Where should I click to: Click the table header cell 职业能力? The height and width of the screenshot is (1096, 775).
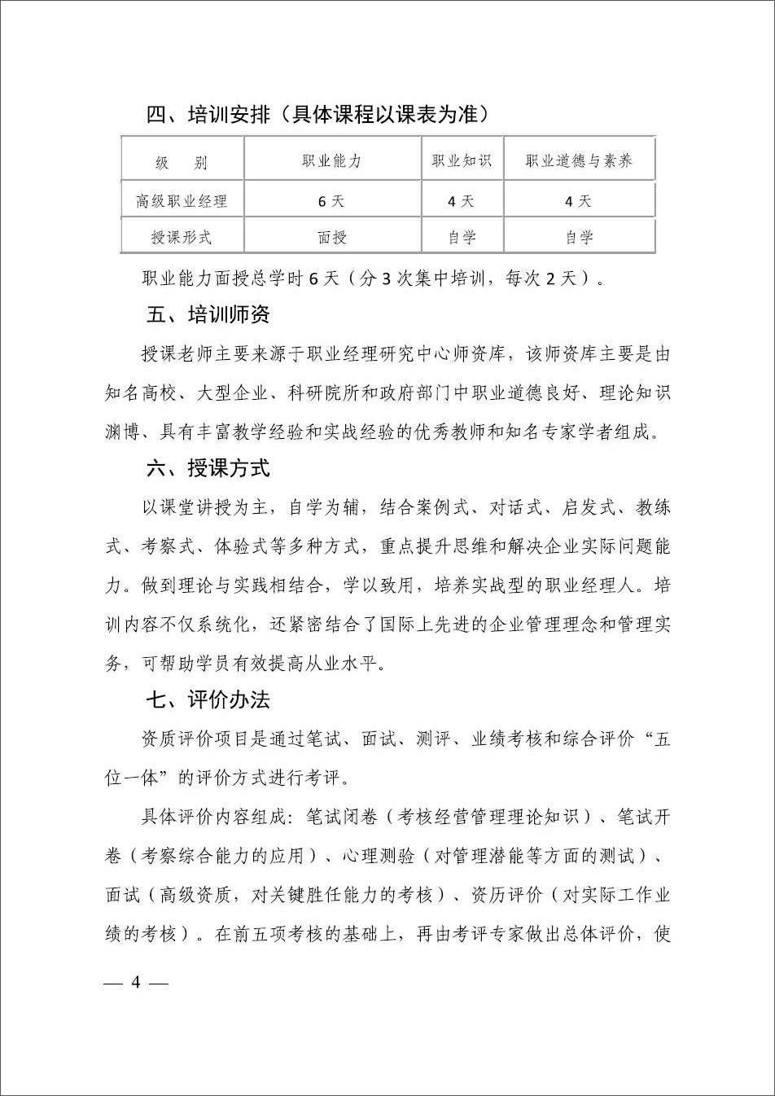click(331, 160)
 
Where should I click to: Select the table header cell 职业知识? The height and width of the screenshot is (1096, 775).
click(462, 160)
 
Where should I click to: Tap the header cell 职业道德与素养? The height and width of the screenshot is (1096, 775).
click(579, 160)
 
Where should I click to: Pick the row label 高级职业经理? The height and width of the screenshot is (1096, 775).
click(182, 200)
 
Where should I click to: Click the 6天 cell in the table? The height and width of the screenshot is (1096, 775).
click(331, 200)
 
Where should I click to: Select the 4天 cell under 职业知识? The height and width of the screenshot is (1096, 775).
click(462, 200)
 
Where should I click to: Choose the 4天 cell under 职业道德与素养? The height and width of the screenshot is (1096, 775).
click(579, 200)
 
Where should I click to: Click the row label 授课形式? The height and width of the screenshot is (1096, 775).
click(182, 237)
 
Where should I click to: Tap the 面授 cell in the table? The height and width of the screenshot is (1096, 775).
click(331, 237)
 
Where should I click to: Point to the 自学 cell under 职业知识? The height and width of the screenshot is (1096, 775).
click(462, 237)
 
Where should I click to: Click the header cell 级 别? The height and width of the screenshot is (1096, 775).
click(182, 162)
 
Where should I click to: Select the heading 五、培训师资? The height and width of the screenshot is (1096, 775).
click(208, 314)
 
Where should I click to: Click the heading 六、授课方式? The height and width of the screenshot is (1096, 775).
click(208, 468)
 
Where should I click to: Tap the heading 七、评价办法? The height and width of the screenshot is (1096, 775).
click(208, 700)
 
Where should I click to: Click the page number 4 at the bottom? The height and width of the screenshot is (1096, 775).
click(136, 982)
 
